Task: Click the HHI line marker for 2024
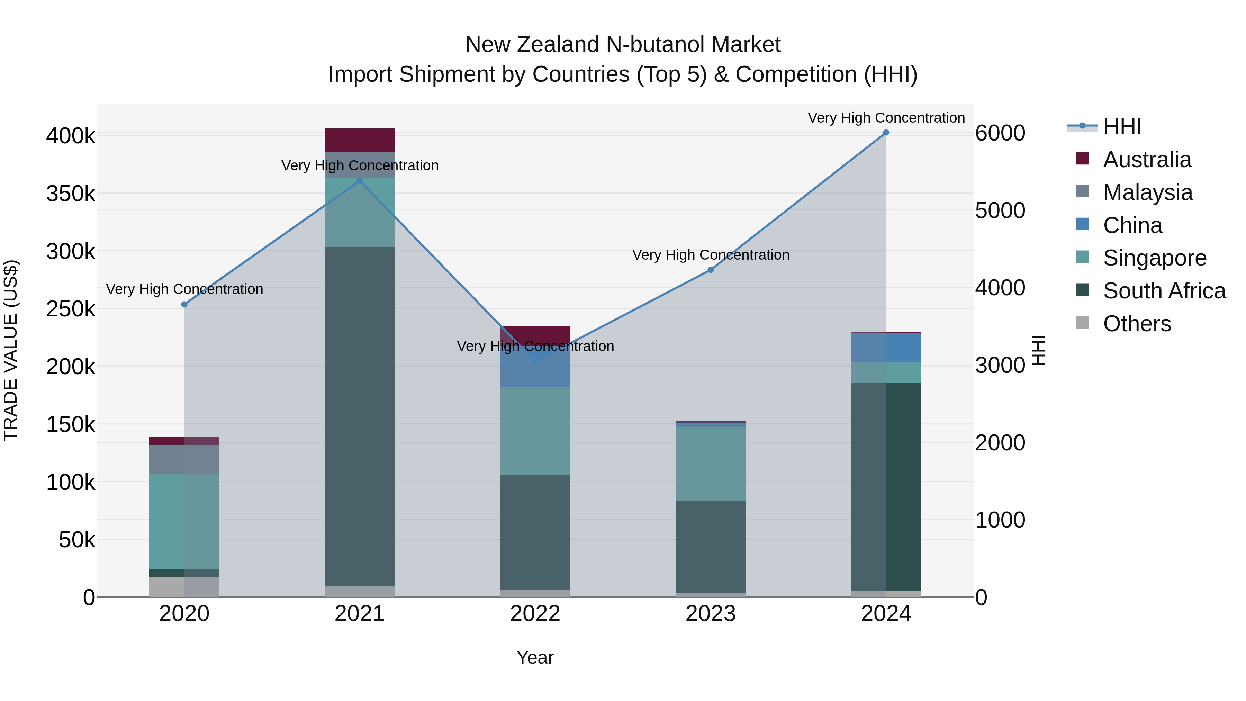(886, 133)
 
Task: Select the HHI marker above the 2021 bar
(359, 181)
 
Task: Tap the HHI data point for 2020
(184, 304)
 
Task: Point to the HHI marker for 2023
(711, 270)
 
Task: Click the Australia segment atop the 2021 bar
(359, 140)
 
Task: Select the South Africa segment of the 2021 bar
(359, 416)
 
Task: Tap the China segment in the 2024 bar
(886, 348)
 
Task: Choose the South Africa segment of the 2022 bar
(535, 532)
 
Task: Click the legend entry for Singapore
(1155, 258)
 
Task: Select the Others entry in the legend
(1137, 324)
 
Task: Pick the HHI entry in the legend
(1122, 127)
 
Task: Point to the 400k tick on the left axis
(71, 136)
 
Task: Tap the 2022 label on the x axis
(535, 614)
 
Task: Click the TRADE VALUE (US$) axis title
(11, 350)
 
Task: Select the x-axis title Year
(535, 657)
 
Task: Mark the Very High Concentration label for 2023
(711, 254)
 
